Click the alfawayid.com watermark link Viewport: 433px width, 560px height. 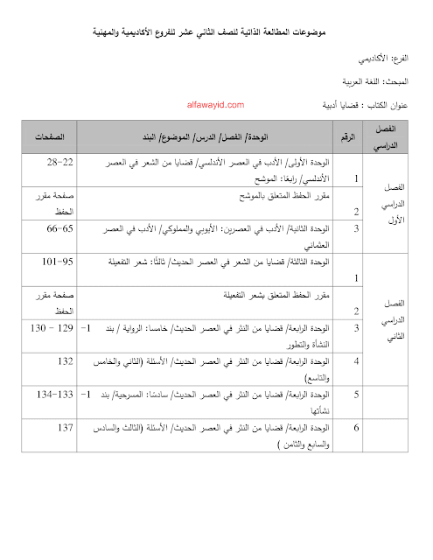[x=215, y=102]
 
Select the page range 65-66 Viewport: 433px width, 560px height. [x=59, y=228]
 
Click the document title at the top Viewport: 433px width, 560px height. [x=217, y=32]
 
